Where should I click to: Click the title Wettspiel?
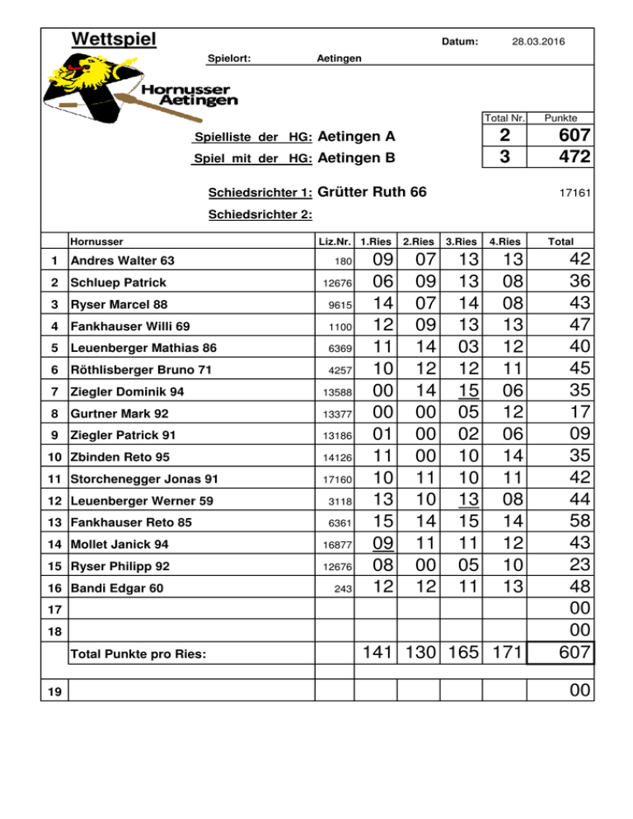pyautogui.click(x=114, y=39)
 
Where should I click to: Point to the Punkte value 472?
pyautogui.click(x=573, y=157)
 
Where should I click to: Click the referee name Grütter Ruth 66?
pyautogui.click(x=372, y=193)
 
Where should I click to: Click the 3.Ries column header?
pyautogui.click(x=460, y=242)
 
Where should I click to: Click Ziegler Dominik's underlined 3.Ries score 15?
pyautogui.click(x=460, y=390)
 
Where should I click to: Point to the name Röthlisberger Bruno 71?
pyautogui.click(x=140, y=368)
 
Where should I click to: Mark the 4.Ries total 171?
pyautogui.click(x=504, y=652)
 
